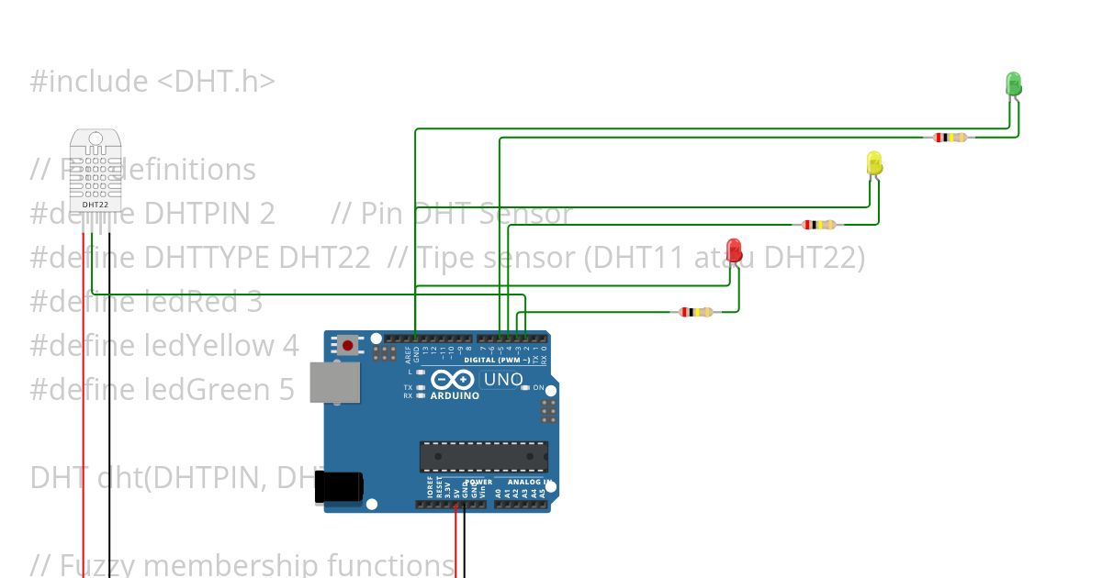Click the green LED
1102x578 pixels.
click(1013, 83)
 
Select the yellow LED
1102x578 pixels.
click(874, 163)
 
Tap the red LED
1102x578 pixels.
click(734, 250)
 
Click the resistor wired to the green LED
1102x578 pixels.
click(950, 138)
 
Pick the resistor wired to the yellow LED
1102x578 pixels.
click(819, 224)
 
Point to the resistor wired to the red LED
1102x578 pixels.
click(696, 312)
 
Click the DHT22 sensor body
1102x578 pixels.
click(96, 166)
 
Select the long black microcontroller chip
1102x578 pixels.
click(483, 456)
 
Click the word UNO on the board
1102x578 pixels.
click(503, 380)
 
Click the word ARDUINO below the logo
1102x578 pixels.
click(455, 396)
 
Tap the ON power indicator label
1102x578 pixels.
click(539, 388)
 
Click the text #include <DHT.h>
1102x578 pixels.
click(152, 82)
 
